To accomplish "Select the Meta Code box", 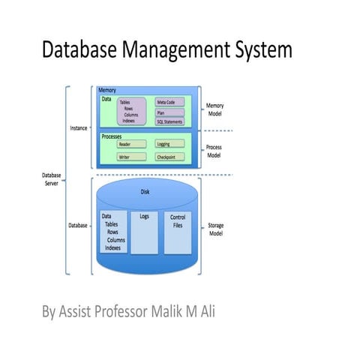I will tap(169, 101).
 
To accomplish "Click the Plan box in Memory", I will tap(169, 112).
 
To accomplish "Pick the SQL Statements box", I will tap(169, 121).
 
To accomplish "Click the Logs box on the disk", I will tap(145, 232).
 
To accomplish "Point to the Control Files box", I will tap(178, 232).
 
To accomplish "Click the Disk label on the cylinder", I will tap(145, 191).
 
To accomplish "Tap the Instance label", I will tap(79, 128).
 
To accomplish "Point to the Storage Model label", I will tap(215, 229).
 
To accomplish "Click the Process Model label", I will tap(215, 151).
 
